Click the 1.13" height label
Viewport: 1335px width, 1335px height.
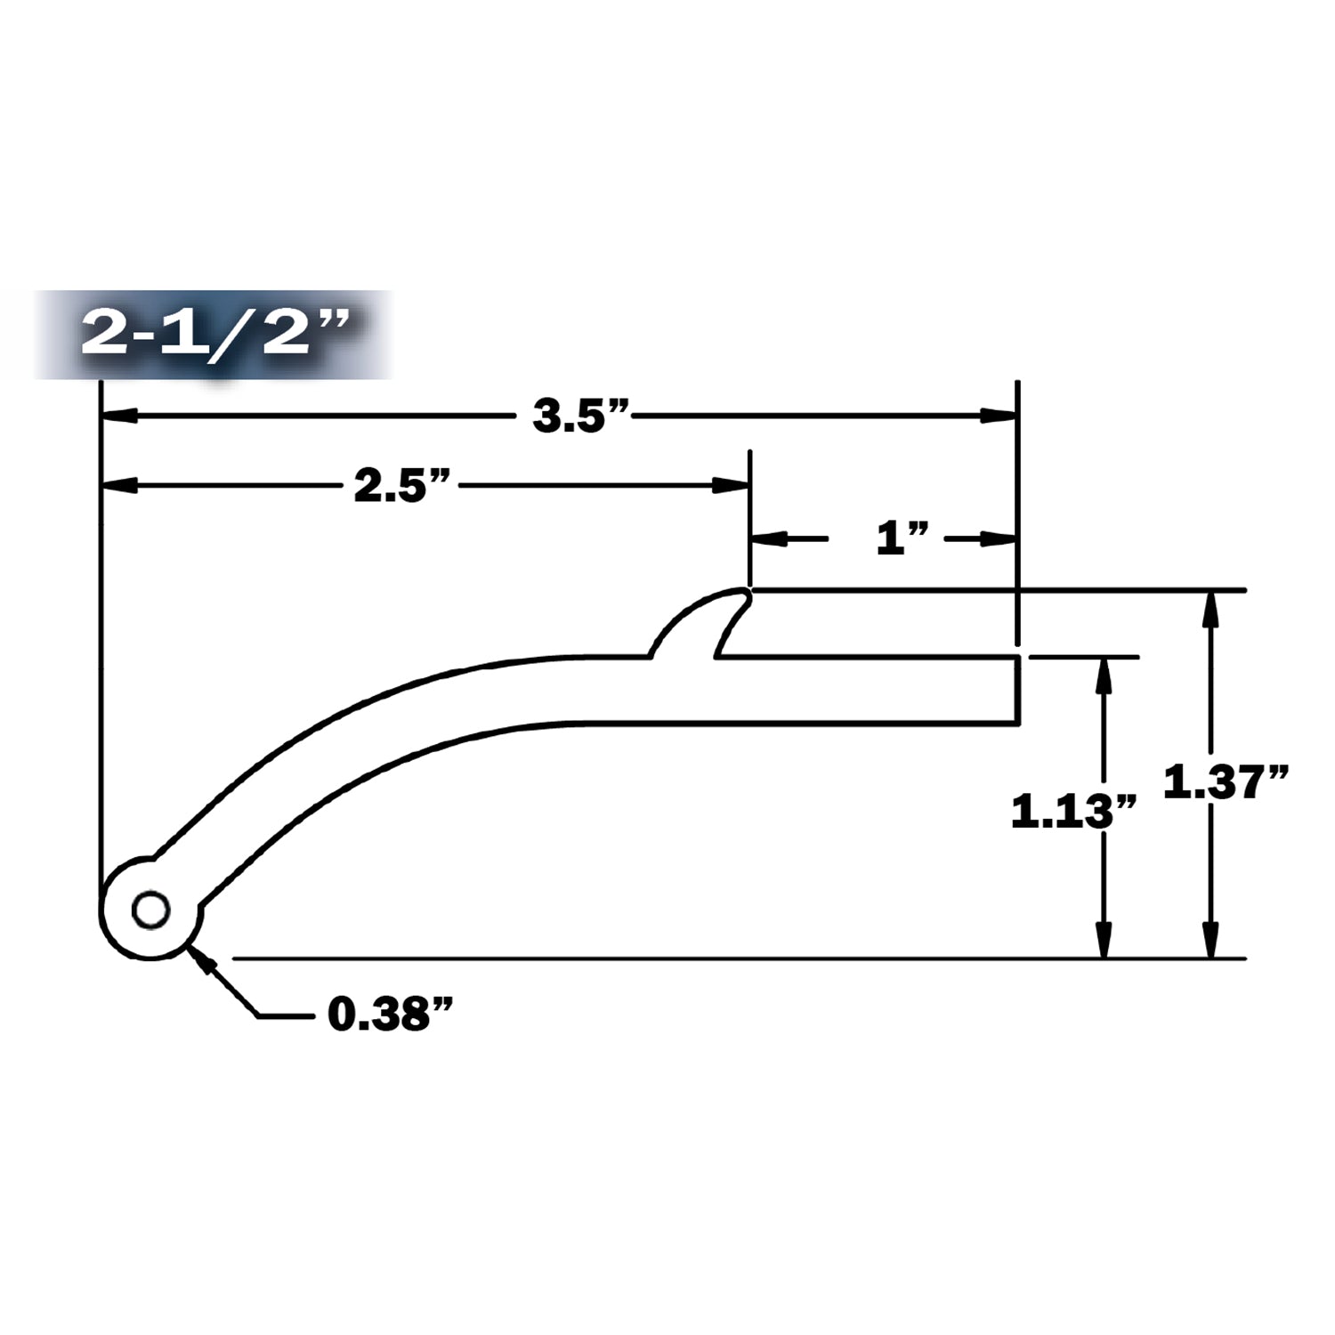[1074, 812]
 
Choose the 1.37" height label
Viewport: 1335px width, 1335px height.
[1226, 783]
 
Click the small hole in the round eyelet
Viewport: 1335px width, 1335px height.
[150, 910]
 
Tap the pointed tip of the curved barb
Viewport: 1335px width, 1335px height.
[748, 590]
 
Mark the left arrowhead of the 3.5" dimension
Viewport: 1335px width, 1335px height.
[120, 416]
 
